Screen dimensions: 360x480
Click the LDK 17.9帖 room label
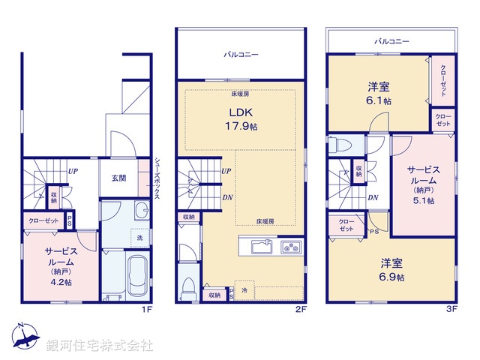241,120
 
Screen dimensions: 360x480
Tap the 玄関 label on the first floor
119,178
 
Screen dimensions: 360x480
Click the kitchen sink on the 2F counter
261,247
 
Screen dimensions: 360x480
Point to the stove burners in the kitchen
289,247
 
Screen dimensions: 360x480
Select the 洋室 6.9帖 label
391,270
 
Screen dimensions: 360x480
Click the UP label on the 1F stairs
73,171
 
